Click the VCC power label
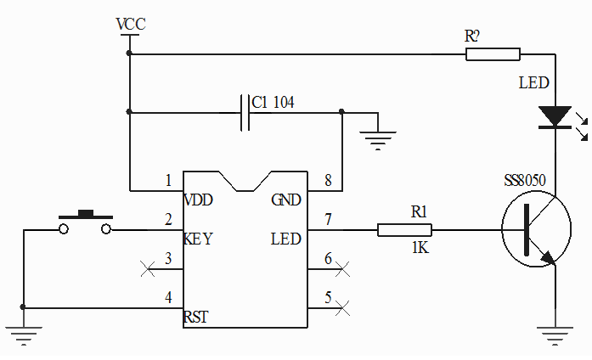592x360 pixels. tap(130, 24)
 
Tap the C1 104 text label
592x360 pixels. tap(273, 103)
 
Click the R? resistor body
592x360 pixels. tap(493, 54)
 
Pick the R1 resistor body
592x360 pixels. tap(404, 229)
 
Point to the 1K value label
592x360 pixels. tap(420, 249)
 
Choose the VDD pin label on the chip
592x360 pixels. tap(198, 200)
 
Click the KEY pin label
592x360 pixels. tap(198, 239)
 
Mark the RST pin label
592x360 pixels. tap(196, 318)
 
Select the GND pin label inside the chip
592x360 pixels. tap(285, 200)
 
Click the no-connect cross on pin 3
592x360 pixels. tap(147, 269)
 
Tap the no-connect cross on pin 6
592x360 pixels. tap(343, 269)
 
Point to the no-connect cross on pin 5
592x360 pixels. tap(343, 308)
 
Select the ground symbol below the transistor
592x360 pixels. tap(555, 335)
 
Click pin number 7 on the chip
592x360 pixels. tap(327, 219)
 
